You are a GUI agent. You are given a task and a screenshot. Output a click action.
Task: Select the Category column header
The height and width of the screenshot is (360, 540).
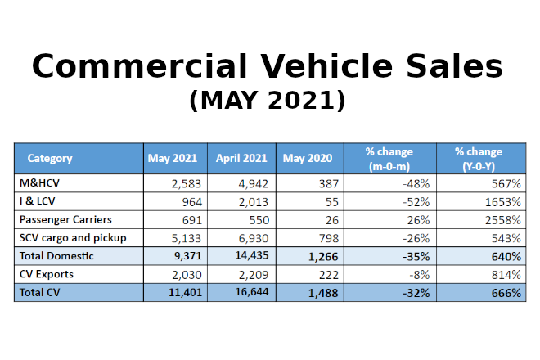point(50,158)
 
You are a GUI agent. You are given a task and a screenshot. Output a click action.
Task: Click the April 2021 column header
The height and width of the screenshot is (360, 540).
point(241,158)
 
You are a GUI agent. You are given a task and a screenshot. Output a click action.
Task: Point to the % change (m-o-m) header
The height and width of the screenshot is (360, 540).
point(389,158)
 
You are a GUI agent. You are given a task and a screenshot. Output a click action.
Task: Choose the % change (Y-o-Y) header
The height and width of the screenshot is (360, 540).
point(479,158)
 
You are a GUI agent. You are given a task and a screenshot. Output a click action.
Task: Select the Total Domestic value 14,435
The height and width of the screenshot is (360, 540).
point(249,256)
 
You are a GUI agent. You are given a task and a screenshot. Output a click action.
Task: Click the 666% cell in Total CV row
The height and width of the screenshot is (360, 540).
point(504,293)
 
